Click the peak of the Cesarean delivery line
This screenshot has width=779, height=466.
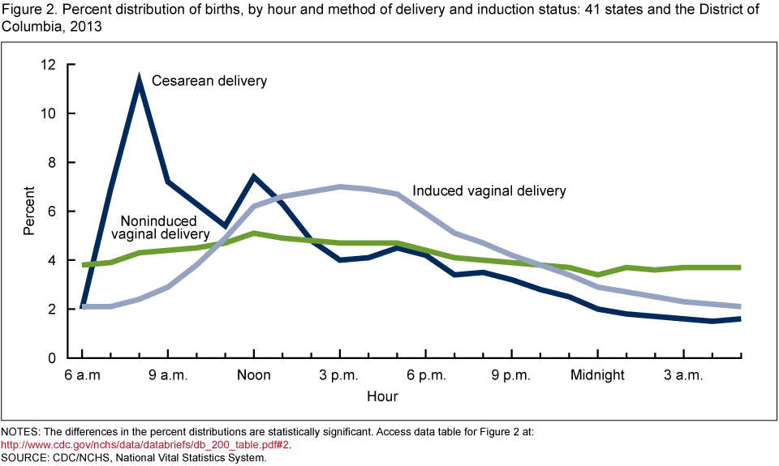[140, 82]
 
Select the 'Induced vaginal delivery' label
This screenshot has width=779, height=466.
[488, 191]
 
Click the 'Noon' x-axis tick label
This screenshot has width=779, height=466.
[254, 375]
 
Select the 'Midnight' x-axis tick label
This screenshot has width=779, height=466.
[597, 375]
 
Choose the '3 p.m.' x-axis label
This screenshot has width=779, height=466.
[339, 375]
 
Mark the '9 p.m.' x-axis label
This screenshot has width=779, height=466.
[511, 375]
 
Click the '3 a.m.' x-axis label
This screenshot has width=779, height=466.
[683, 375]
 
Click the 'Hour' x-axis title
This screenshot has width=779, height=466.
[382, 396]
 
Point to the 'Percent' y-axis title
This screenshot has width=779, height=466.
[29, 211]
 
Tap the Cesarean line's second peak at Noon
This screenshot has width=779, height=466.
[254, 176]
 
